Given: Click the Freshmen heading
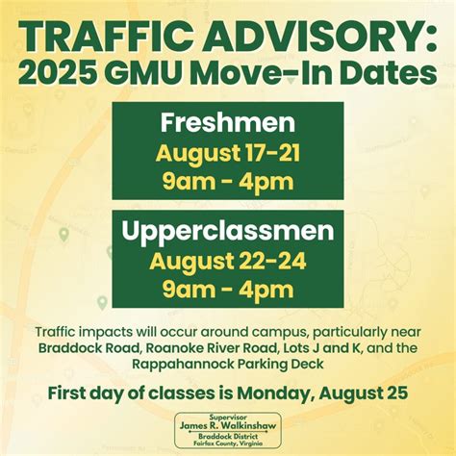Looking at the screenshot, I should (228, 125).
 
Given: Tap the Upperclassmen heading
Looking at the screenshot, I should (228, 231).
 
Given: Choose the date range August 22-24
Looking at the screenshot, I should (228, 260).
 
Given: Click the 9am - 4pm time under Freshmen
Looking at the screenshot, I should (228, 180).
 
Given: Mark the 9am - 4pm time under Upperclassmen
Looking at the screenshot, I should (228, 288).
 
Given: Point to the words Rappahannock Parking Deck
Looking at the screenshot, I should (228, 364).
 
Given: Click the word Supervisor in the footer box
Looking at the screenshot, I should (228, 417).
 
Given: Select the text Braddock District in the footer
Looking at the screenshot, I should (228, 437).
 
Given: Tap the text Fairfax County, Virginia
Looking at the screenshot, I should (228, 444).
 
